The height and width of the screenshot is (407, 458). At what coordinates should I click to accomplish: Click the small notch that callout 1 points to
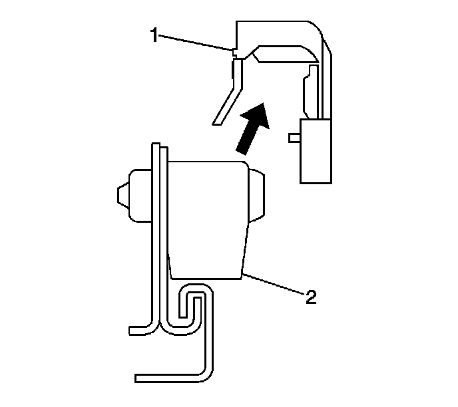234,51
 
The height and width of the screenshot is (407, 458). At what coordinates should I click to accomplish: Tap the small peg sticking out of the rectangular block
294,138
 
